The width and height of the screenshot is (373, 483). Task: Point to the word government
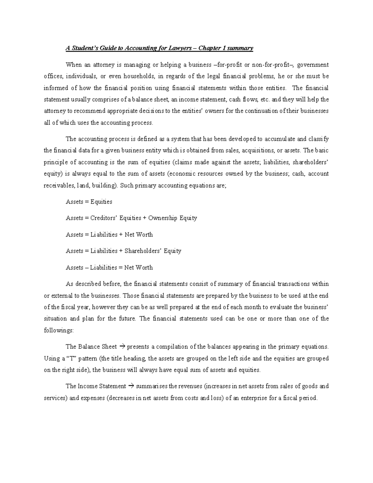coord(313,65)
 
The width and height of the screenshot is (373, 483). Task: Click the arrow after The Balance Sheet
coord(122,346)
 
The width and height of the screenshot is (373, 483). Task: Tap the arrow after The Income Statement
coord(131,386)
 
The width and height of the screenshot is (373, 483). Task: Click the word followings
coord(58,330)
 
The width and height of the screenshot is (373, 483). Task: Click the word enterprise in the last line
coord(253,398)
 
